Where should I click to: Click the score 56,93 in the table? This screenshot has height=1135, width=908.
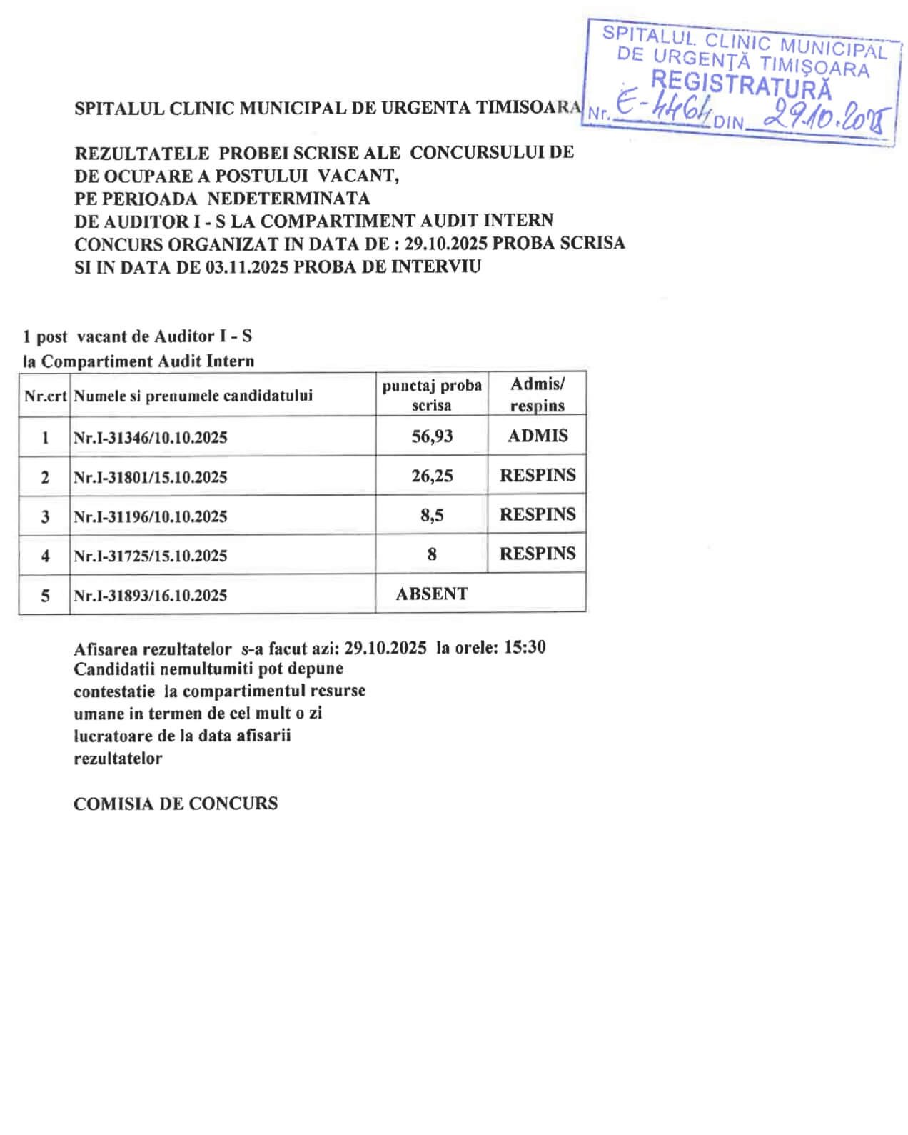[x=432, y=436]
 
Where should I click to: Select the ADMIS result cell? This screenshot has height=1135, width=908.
[x=538, y=436]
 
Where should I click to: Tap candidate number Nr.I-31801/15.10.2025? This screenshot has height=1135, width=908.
[x=150, y=477]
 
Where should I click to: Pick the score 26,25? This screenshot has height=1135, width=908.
[x=432, y=476]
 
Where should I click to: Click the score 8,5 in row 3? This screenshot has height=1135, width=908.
[x=432, y=515]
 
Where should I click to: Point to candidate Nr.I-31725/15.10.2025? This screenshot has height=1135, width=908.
[x=150, y=556]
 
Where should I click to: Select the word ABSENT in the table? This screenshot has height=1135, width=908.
[x=432, y=594]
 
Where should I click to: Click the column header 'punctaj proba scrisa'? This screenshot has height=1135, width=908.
[x=432, y=395]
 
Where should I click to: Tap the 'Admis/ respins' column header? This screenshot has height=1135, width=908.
[x=538, y=394]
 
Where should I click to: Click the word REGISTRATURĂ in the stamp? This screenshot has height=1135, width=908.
[x=741, y=85]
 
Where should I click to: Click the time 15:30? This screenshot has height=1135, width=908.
[x=525, y=647]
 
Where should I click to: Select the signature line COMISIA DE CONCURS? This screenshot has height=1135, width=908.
[x=176, y=804]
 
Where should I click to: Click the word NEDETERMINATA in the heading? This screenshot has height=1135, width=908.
[x=289, y=198]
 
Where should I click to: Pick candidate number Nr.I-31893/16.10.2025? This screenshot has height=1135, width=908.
[x=150, y=595]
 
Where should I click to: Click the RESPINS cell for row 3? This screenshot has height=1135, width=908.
[x=538, y=514]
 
